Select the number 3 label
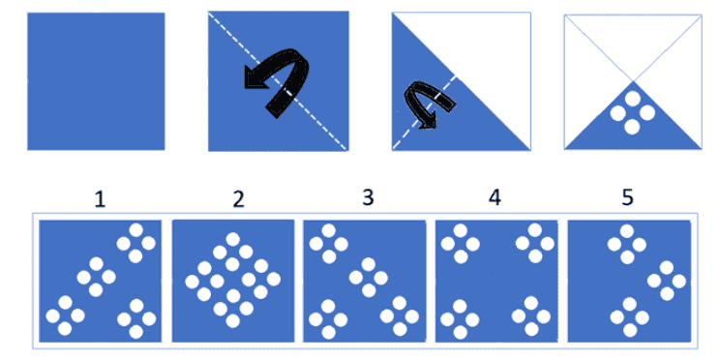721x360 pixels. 367,198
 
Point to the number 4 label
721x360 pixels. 496,198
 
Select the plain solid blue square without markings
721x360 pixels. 96,80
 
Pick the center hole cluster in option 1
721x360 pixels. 96,278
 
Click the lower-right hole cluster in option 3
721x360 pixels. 399,315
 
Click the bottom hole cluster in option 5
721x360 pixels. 630,315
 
